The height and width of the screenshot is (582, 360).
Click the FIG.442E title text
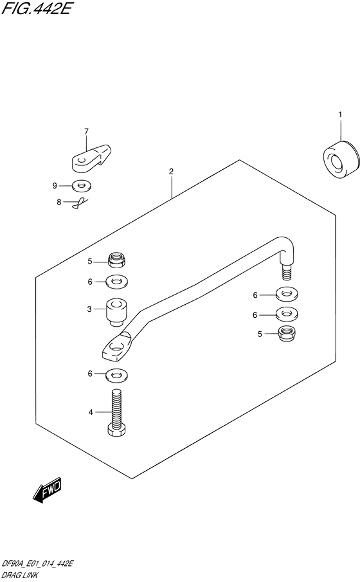(36, 8)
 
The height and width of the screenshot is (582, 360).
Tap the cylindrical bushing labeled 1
(341, 161)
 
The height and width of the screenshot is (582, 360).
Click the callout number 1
(340, 115)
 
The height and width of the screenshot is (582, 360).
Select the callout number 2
(171, 172)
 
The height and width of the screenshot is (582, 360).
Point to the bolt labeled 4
(116, 413)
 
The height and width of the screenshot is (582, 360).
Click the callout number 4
(91, 412)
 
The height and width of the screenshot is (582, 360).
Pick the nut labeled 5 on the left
(116, 260)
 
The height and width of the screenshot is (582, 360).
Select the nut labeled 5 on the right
(287, 334)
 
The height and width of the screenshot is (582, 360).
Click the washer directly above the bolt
(117, 375)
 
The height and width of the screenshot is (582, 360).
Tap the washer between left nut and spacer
(117, 282)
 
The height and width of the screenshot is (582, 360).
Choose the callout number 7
(87, 131)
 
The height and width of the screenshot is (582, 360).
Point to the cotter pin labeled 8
(80, 203)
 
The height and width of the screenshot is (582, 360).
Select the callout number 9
(55, 186)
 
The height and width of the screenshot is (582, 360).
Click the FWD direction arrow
(47, 490)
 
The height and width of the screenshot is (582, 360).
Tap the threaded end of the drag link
(287, 273)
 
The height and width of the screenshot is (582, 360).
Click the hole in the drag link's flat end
(116, 348)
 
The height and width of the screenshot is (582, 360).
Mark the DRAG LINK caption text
(19, 576)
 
